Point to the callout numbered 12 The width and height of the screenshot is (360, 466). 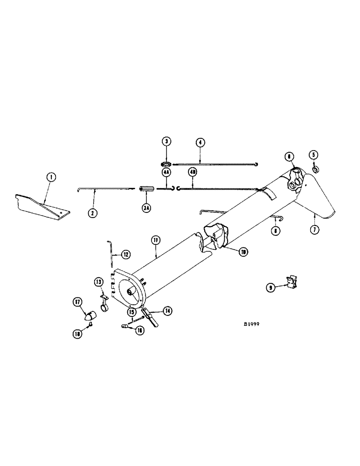(125, 254)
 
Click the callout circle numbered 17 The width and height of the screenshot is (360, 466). (78, 302)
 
